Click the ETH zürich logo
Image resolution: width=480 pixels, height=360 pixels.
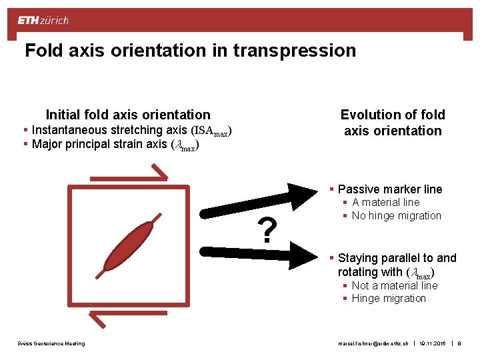pos(43,21)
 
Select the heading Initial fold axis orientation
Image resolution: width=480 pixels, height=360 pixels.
pos(128,115)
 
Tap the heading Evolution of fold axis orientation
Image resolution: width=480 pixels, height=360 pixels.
pos(393,123)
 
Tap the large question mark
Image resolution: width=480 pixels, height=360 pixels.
pos(267,230)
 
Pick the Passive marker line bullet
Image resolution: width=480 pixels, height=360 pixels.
pos(389,189)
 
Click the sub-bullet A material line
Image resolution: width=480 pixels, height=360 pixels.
pos(385,203)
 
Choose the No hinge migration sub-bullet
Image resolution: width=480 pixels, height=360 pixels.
pos(396,216)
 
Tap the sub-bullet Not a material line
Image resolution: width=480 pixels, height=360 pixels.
pos(394,286)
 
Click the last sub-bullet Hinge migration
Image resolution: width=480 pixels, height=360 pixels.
pos(388,299)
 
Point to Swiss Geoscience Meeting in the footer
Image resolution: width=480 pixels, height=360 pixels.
pos(51,343)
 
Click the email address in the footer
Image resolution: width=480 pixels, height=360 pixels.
pos(373,343)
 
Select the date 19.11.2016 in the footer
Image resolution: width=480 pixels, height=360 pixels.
pos(433,343)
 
